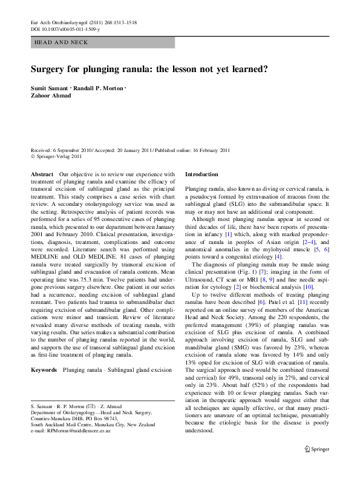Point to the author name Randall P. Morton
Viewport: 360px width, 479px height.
tap(98, 88)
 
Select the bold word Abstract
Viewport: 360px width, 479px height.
tap(41, 174)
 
